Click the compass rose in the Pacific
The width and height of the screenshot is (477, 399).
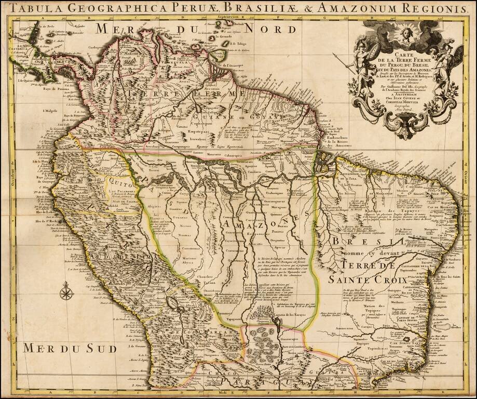66,292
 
